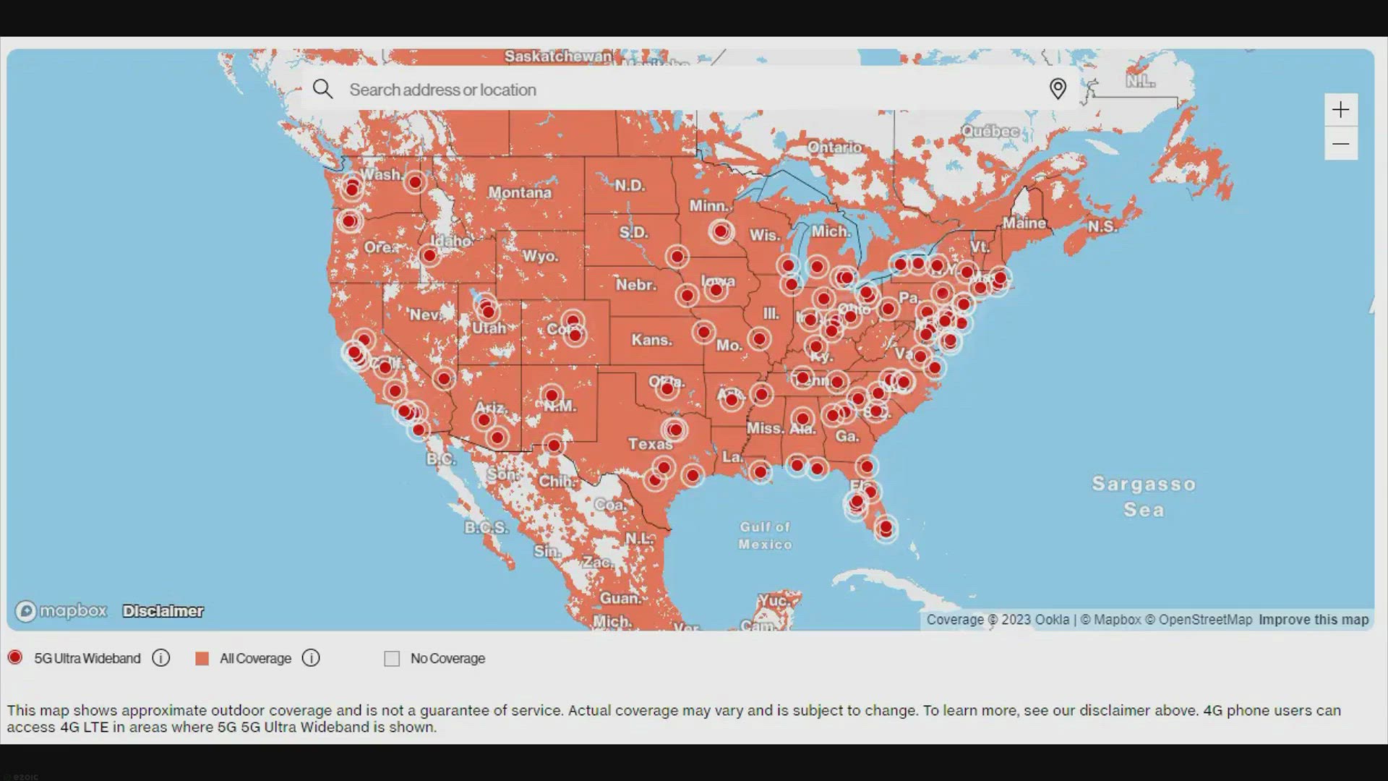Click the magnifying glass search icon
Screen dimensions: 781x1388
pos(322,89)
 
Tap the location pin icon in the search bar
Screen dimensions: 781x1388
pos(1058,89)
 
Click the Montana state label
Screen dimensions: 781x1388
pos(519,192)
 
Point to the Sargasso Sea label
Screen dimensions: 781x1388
pos(1144,496)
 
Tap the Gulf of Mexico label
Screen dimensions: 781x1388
pos(765,535)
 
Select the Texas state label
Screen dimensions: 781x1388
pos(650,443)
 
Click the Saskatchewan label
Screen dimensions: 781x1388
pos(557,56)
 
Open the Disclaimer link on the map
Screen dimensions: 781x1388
pos(163,611)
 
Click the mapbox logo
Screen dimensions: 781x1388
pos(61,611)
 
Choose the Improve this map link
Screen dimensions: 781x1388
pos(1313,620)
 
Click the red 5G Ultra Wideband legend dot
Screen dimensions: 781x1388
pos(15,657)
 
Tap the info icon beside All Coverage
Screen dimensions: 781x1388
pos(311,658)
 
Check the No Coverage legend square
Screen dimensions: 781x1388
pos(392,658)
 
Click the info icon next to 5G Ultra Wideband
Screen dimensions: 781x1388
pos(161,658)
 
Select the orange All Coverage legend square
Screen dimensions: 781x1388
pos(202,658)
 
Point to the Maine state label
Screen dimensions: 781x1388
pos(1024,223)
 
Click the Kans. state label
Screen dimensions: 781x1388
pos(651,340)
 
